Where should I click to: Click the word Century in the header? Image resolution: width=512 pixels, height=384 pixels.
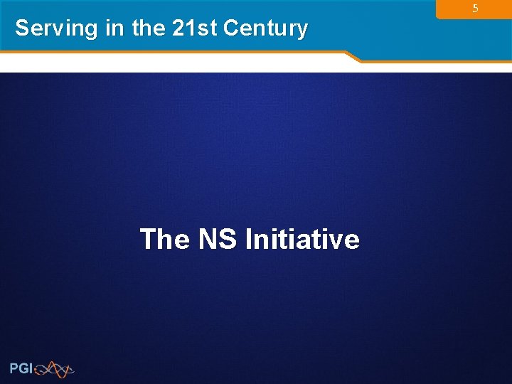[265, 28]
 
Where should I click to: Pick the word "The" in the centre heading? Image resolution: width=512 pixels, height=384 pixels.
[165, 239]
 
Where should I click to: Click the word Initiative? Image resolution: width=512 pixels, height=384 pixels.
[302, 239]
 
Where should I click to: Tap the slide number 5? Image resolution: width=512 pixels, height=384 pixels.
[475, 9]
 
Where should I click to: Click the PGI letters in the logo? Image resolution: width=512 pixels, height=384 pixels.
[21, 368]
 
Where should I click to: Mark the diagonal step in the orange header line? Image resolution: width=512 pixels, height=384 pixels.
[353, 56]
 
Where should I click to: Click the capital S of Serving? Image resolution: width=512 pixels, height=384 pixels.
[22, 28]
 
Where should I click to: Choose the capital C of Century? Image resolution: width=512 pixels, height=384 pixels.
[231, 28]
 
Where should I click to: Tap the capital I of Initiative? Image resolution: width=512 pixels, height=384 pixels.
[247, 239]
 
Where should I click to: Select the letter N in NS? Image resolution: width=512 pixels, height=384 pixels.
[208, 239]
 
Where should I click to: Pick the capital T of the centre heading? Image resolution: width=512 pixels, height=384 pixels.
[148, 239]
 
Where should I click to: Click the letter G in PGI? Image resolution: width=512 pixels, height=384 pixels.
[23, 368]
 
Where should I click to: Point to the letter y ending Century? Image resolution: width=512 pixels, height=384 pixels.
[302, 31]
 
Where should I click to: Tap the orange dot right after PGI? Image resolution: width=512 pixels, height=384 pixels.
[35, 371]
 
